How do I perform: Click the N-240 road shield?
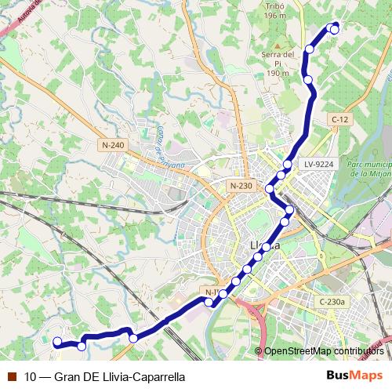click(113, 145)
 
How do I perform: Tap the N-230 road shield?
click(241, 185)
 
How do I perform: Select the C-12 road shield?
click(339, 119)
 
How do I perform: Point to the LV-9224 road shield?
click(319, 164)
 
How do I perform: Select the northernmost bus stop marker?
click(335, 29)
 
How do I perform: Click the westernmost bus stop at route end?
click(56, 341)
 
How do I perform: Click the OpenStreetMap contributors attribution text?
click(323, 351)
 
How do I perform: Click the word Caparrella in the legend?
click(157, 376)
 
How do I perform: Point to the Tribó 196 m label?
click(275, 9)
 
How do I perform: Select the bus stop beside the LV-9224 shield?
click(288, 165)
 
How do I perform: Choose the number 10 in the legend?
click(30, 376)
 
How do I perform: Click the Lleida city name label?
click(264, 245)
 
